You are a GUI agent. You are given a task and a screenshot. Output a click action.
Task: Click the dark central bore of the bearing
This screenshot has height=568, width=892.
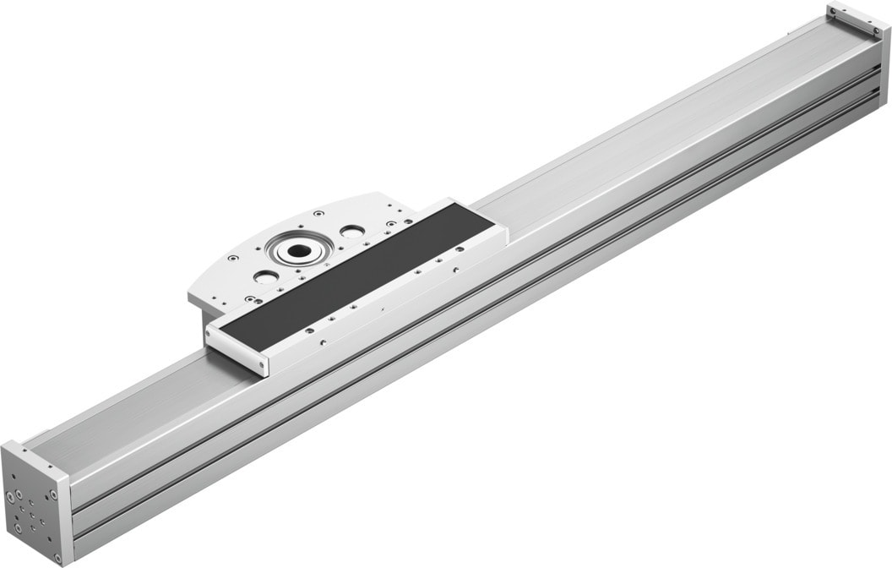coord(298,250)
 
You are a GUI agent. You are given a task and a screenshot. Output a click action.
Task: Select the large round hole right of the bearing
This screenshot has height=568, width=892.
coord(351,231)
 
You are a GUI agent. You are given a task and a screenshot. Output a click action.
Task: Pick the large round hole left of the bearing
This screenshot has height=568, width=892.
coord(264,276)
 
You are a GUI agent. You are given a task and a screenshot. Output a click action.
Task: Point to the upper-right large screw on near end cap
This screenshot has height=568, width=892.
coord(52,494)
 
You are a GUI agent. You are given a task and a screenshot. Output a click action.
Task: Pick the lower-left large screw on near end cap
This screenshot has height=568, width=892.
coord(18,529)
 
